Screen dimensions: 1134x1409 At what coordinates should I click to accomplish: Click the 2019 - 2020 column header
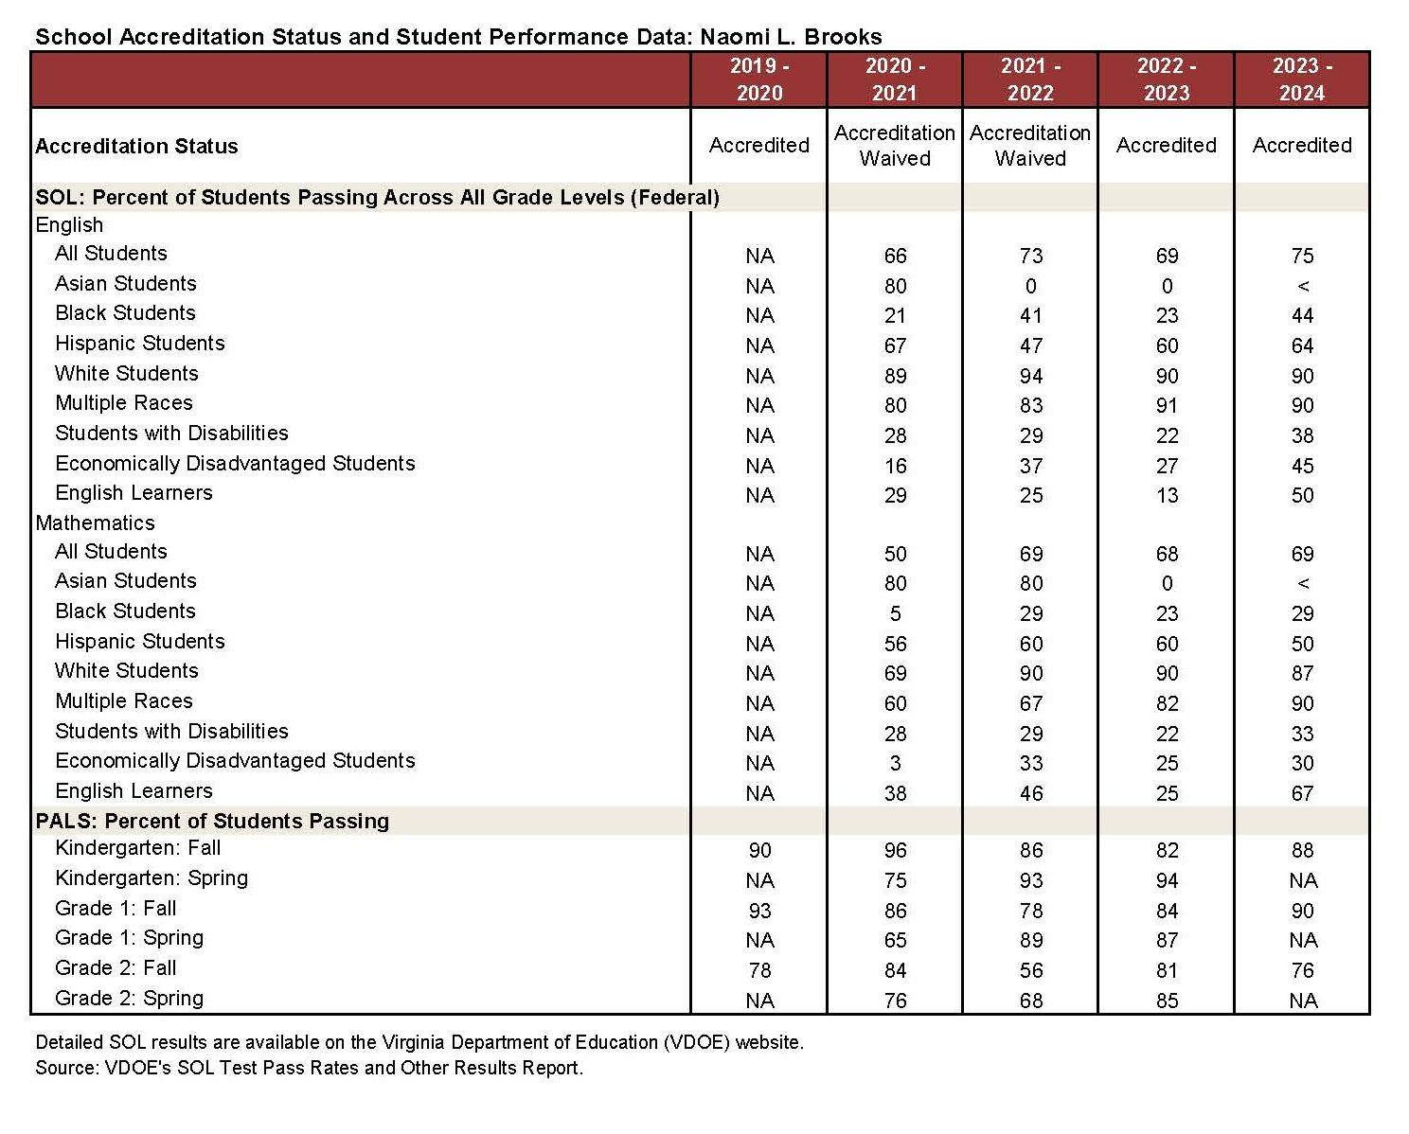coord(758,80)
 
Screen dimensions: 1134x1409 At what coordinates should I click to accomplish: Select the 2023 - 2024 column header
coord(1302,80)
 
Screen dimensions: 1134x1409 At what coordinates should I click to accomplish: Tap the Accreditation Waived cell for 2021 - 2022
coord(1030,146)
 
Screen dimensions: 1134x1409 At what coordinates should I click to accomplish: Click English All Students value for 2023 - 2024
coord(1302,256)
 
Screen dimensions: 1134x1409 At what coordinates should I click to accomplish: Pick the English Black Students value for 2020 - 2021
coord(895,315)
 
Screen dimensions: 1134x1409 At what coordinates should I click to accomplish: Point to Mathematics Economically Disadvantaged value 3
coord(895,763)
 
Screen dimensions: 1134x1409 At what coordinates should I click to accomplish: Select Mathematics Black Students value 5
coord(895,613)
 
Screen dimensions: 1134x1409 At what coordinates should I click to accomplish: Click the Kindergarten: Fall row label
coord(137,848)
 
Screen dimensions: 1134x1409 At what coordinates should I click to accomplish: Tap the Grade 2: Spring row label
coord(129,998)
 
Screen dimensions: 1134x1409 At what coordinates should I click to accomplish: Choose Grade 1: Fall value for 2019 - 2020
coord(759,911)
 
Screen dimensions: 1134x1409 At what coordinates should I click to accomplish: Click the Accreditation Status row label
coord(136,147)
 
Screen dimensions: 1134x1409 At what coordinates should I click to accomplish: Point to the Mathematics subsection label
coord(95,523)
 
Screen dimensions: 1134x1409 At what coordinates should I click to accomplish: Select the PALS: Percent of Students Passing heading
coord(212,821)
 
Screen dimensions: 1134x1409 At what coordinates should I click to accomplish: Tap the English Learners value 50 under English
coord(1302,495)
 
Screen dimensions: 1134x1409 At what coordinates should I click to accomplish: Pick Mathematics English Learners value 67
coord(1302,793)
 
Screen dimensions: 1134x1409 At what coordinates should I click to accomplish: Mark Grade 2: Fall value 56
coord(1030,970)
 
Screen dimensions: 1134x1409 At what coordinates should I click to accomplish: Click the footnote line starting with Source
coord(309,1068)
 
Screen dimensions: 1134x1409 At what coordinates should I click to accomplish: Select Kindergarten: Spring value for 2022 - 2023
coord(1167,880)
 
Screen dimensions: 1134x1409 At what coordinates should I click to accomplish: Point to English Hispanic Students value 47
coord(1030,346)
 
